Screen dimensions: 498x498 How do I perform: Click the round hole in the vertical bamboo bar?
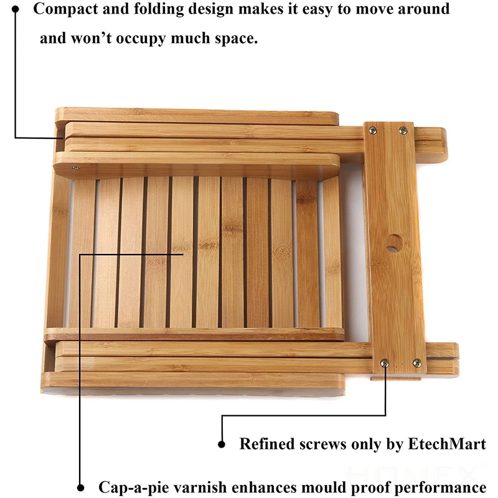(x=393, y=243)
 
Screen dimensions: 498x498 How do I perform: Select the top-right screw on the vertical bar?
(x=402, y=131)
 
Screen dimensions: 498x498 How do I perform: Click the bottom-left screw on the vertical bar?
(x=386, y=362)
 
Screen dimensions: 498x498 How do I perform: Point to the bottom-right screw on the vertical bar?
(x=416, y=362)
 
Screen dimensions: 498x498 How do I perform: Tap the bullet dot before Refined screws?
(x=222, y=444)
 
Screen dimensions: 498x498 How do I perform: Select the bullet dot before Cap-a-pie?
(x=81, y=487)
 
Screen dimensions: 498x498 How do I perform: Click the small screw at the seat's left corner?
(x=75, y=166)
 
